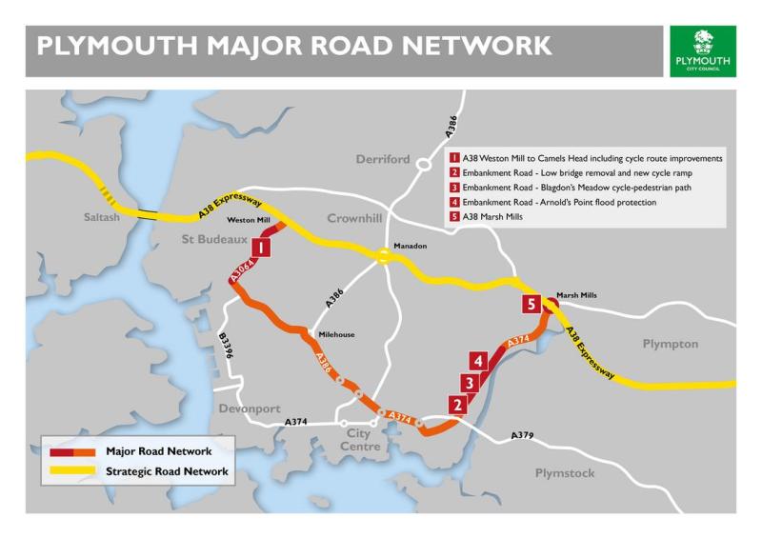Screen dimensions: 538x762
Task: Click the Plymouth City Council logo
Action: tap(703, 50)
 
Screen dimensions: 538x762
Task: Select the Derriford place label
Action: tap(383, 159)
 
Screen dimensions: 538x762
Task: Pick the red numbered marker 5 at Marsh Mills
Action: tap(531, 305)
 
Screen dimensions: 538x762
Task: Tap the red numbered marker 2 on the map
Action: tap(458, 405)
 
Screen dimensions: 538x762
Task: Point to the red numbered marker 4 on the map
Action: tap(479, 361)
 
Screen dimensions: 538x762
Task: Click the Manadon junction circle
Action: tap(382, 254)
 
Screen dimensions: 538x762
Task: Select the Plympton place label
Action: tap(670, 344)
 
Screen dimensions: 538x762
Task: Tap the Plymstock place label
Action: tap(564, 473)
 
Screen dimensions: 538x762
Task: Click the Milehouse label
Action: tap(337, 335)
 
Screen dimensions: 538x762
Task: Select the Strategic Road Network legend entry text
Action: tap(167, 471)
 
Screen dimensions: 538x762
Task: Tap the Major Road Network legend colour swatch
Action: tap(71, 451)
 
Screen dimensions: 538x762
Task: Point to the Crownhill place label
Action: tap(353, 218)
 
